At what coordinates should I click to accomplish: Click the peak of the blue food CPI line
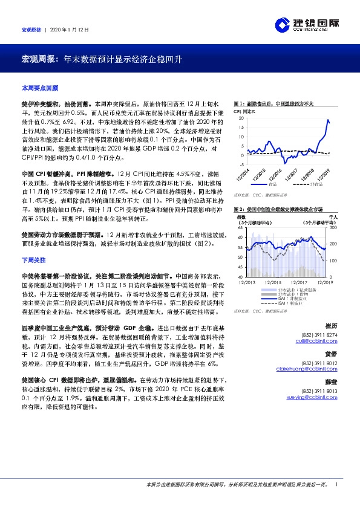tap(327, 120)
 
